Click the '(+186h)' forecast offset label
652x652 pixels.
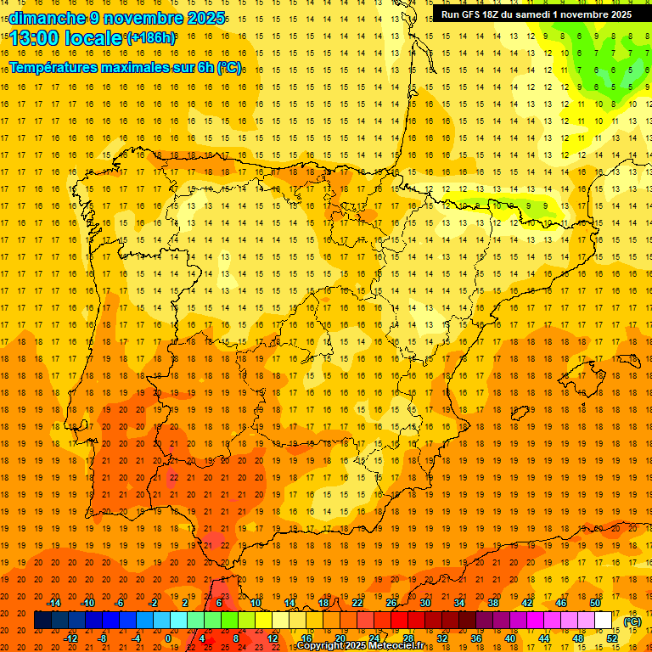(x=150, y=37)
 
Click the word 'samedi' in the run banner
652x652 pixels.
(x=532, y=14)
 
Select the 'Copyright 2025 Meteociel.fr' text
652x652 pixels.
(x=361, y=646)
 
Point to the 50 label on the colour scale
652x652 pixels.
(x=595, y=603)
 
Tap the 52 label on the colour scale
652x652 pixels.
(x=612, y=638)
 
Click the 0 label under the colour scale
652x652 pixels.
(x=167, y=638)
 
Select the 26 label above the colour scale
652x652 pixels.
(x=391, y=603)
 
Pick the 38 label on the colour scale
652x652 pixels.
(x=493, y=603)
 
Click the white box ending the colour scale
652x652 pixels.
(x=603, y=621)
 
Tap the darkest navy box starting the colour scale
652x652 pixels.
(x=42, y=621)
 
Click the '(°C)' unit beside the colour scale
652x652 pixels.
(x=632, y=621)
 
